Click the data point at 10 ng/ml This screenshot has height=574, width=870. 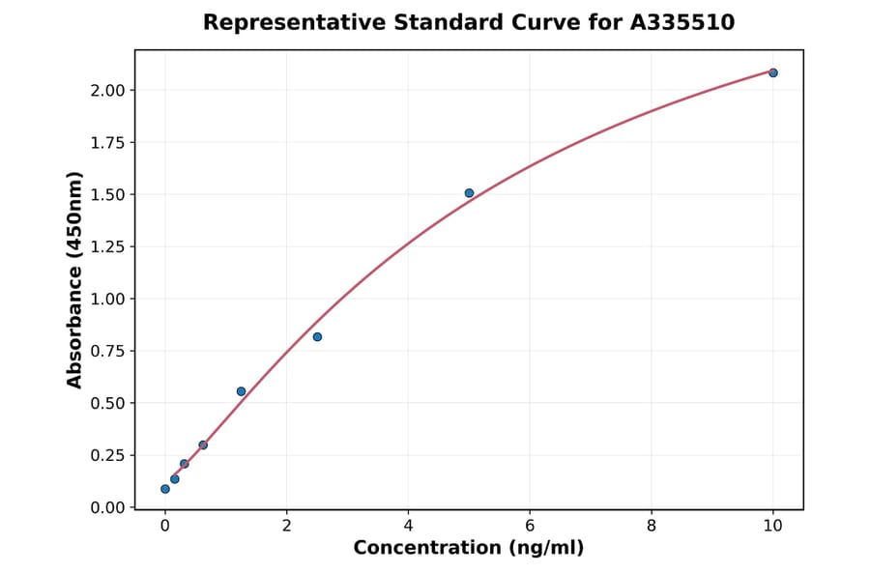coord(772,72)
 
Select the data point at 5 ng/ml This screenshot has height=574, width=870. coord(469,193)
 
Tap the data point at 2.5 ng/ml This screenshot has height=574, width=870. coord(317,336)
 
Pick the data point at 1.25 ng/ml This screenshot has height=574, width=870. coord(241,391)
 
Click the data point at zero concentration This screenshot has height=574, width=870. coord(165,489)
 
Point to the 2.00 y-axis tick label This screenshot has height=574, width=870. coord(106,91)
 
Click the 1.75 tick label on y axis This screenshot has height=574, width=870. coord(106,143)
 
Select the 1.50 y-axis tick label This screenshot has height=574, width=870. coord(106,195)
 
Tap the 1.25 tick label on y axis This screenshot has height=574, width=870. coord(106,247)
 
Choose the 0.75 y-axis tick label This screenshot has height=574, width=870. coord(106,351)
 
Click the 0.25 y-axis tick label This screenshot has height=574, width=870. coord(106,455)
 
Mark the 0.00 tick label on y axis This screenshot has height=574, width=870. coord(106,507)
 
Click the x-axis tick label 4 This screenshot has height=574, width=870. coord(408,526)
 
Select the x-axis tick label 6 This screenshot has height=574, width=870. coord(530,526)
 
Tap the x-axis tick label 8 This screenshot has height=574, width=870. coord(652,526)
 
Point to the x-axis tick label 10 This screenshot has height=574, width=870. coord(772,526)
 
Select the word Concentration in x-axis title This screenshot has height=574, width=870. coord(426,549)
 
